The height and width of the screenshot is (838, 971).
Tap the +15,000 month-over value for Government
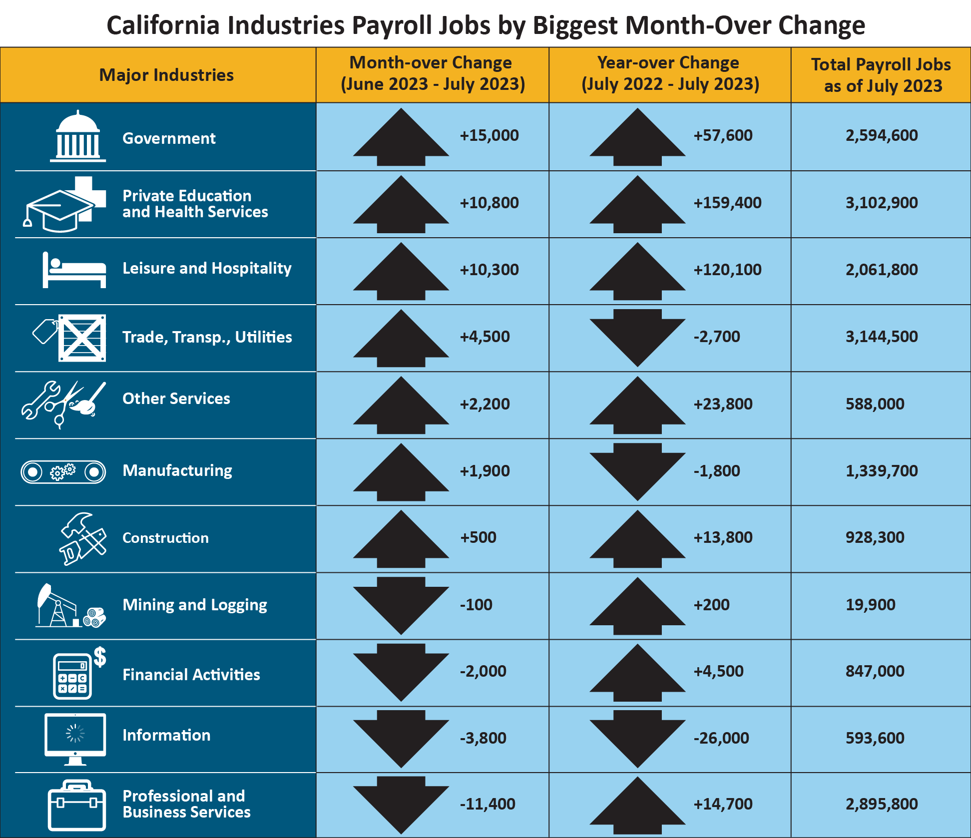(489, 135)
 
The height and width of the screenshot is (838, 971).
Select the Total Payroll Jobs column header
(881, 75)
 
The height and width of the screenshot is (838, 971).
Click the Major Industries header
(166, 75)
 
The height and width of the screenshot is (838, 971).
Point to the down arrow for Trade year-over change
(637, 337)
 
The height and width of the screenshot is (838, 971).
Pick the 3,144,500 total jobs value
(882, 337)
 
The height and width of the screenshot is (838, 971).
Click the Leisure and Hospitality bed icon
(74, 270)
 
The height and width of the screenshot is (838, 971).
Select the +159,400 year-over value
(727, 203)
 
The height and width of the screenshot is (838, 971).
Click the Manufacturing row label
(177, 470)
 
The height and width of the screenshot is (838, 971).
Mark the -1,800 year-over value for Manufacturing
(717, 471)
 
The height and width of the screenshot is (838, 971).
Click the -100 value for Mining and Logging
(476, 605)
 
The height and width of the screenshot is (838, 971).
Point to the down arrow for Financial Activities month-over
(401, 672)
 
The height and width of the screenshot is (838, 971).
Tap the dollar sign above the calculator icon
(100, 657)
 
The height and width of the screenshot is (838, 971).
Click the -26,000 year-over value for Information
(721, 738)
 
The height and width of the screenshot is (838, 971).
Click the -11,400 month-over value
(487, 804)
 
